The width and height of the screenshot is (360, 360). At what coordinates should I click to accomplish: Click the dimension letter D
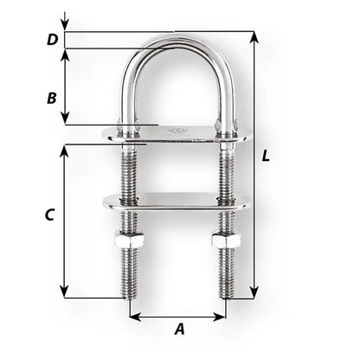tap(52, 39)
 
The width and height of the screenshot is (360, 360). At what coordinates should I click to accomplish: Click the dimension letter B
tap(52, 98)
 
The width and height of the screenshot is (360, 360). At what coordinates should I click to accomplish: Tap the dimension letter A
tap(179, 328)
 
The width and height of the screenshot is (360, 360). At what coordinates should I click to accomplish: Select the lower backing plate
tap(177, 202)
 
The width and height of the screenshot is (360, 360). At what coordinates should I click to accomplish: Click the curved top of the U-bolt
tap(177, 40)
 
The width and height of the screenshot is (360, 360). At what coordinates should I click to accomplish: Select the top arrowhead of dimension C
tap(65, 149)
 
